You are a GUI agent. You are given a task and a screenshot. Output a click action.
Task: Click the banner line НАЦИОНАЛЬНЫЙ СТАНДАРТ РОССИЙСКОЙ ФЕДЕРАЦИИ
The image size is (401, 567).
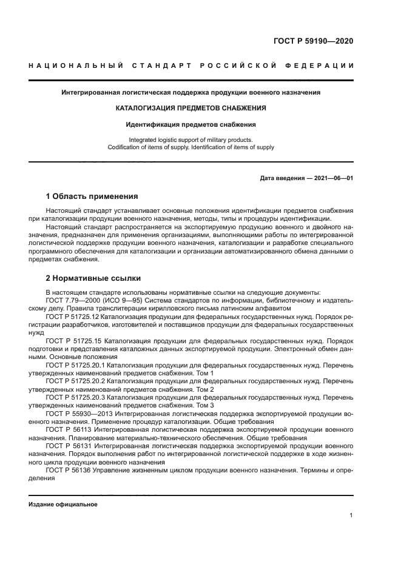(x=191, y=65)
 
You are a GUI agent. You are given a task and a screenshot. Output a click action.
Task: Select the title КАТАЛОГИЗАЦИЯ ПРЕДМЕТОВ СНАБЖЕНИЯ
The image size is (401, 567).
(x=191, y=109)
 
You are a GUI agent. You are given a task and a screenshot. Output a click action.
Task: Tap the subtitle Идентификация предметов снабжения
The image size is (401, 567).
(x=191, y=124)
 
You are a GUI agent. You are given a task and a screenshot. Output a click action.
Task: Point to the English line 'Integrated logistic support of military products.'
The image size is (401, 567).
(x=191, y=139)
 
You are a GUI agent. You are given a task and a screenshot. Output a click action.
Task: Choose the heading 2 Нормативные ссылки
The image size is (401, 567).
(x=93, y=278)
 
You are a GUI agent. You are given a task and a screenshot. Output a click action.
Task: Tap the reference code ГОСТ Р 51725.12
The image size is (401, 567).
(x=72, y=317)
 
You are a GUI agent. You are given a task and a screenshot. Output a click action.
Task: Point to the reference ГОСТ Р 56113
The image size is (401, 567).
(x=67, y=430)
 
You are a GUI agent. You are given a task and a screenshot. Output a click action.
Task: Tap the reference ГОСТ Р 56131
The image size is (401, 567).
(x=67, y=446)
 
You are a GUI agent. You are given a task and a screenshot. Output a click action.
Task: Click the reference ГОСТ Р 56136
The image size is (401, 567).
(x=67, y=470)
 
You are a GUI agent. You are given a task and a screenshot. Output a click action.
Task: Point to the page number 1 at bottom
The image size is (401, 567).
(x=351, y=515)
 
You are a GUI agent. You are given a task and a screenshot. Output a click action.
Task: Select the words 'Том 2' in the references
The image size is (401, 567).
(x=203, y=389)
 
